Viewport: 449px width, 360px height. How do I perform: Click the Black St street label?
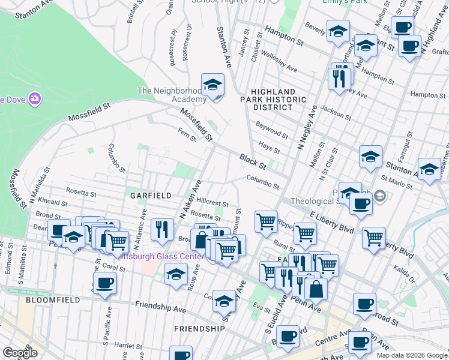253,161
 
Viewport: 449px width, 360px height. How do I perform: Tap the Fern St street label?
187,134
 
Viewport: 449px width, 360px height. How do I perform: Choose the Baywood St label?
272,129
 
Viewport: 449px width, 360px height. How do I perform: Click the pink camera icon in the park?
34,98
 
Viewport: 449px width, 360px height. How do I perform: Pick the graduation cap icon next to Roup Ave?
176,274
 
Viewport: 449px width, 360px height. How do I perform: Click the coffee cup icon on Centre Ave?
359,342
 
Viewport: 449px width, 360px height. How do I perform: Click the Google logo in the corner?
20,353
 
